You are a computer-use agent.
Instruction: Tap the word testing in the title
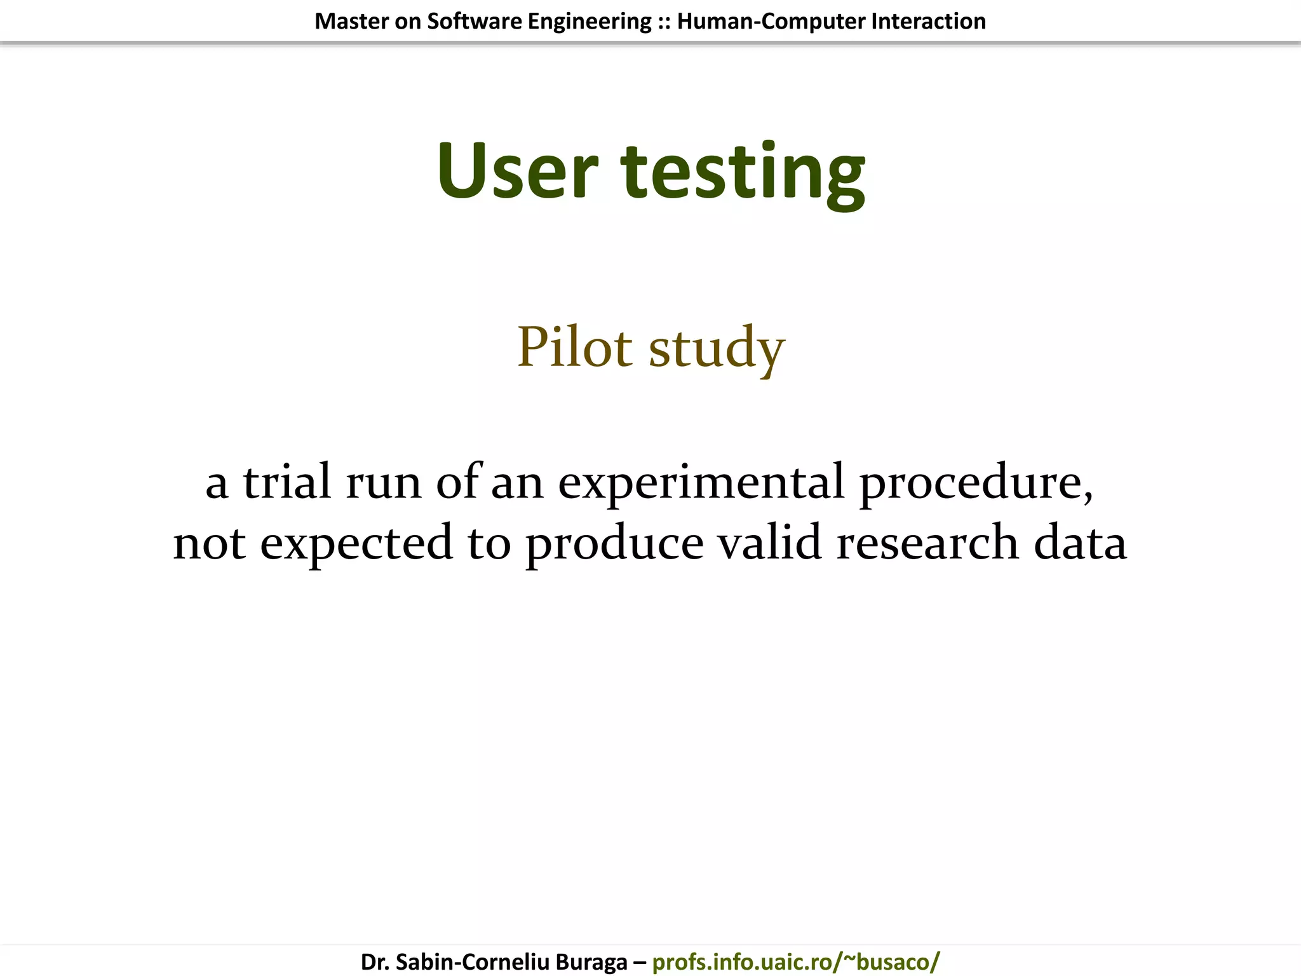click(743, 173)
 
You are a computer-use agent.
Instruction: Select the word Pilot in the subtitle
click(575, 346)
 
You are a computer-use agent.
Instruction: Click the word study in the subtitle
click(717, 349)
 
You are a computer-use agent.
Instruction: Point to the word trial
click(287, 482)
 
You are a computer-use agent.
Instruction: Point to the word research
click(927, 544)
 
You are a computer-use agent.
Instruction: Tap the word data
click(1080, 543)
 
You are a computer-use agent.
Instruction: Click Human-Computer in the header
click(771, 22)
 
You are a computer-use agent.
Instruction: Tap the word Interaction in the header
click(928, 22)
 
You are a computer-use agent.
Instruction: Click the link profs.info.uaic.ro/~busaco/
click(795, 961)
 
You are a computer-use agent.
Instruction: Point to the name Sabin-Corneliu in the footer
click(473, 961)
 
